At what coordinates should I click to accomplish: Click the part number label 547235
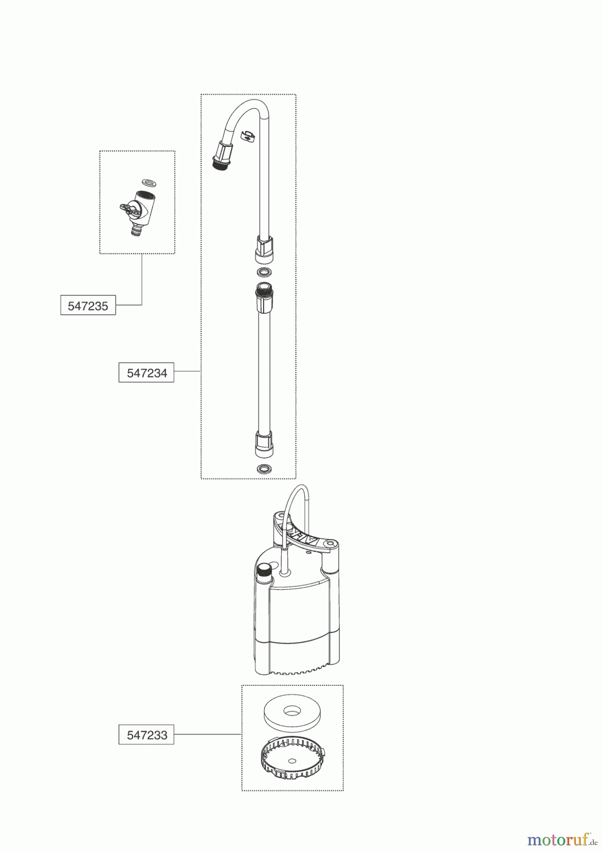(88, 306)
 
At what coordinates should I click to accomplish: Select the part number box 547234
(147, 373)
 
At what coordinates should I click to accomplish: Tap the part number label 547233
(147, 735)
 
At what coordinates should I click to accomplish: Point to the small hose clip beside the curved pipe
(248, 136)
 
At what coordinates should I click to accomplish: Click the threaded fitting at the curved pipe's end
(220, 160)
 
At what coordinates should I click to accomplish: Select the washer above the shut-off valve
(150, 182)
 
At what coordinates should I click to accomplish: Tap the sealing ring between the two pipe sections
(264, 273)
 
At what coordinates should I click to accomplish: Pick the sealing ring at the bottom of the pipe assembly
(264, 469)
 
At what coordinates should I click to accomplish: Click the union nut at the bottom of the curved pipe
(265, 248)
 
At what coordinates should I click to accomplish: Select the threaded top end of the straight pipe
(263, 290)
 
